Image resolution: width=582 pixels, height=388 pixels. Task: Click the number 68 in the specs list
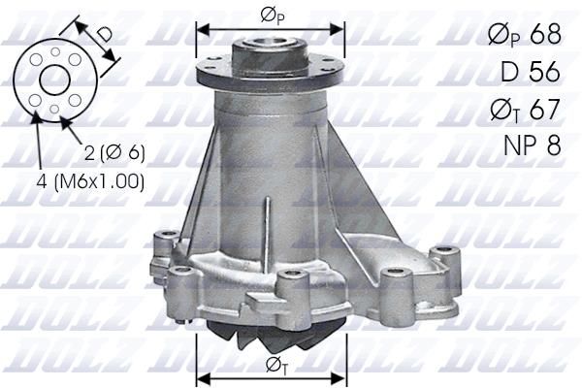coord(543,35)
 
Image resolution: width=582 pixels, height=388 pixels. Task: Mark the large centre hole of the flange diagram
coord(54,81)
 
